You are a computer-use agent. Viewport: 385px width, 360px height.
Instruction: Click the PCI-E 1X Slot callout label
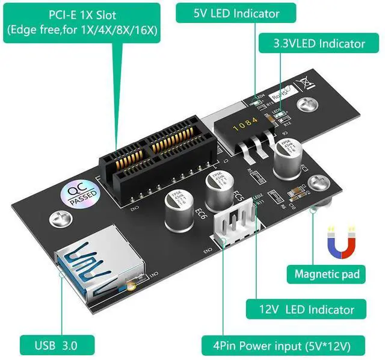[82, 22]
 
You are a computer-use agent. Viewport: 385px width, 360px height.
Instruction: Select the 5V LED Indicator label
[228, 13]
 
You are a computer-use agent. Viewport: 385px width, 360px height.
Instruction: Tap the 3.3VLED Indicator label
[319, 43]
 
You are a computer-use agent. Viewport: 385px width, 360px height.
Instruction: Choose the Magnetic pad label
[327, 275]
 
